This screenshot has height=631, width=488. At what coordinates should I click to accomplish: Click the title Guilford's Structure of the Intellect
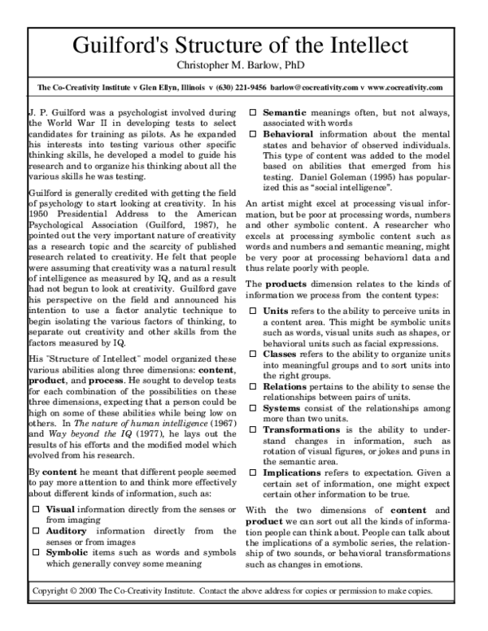tap(243, 44)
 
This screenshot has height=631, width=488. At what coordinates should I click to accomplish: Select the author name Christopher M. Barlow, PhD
tap(243, 64)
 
